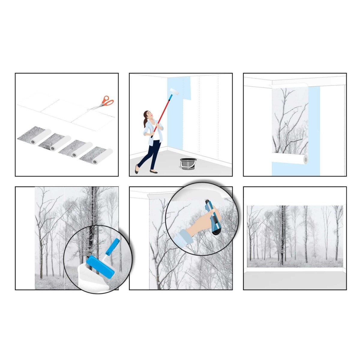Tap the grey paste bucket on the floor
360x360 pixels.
[x=188, y=164]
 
